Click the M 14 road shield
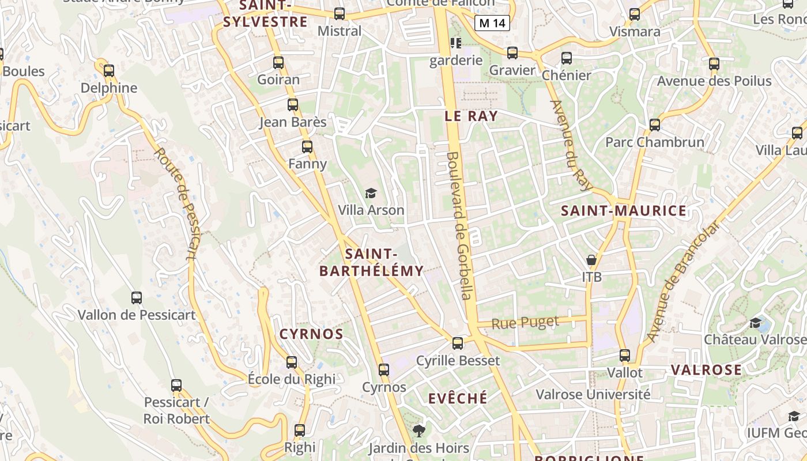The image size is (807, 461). point(493,23)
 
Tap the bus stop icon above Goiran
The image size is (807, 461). point(278,63)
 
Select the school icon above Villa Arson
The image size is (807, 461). point(371,193)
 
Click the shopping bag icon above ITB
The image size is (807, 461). point(591,260)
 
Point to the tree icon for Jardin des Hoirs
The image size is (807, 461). point(418,430)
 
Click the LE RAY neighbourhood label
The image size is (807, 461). point(471,116)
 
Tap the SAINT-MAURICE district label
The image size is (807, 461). point(624,211)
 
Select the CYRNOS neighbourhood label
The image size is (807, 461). point(311,334)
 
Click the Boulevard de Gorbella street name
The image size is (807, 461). point(460,225)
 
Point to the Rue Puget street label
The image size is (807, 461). point(525,323)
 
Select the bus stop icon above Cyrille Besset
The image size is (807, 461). point(458,343)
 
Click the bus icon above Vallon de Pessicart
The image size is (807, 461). point(137,298)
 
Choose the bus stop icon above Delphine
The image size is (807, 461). point(109,71)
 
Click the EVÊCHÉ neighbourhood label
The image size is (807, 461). point(458,399)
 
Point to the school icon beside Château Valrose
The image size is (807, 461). point(755,322)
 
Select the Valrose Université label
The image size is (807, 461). point(593,395)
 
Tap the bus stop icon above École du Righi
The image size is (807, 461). point(292,362)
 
